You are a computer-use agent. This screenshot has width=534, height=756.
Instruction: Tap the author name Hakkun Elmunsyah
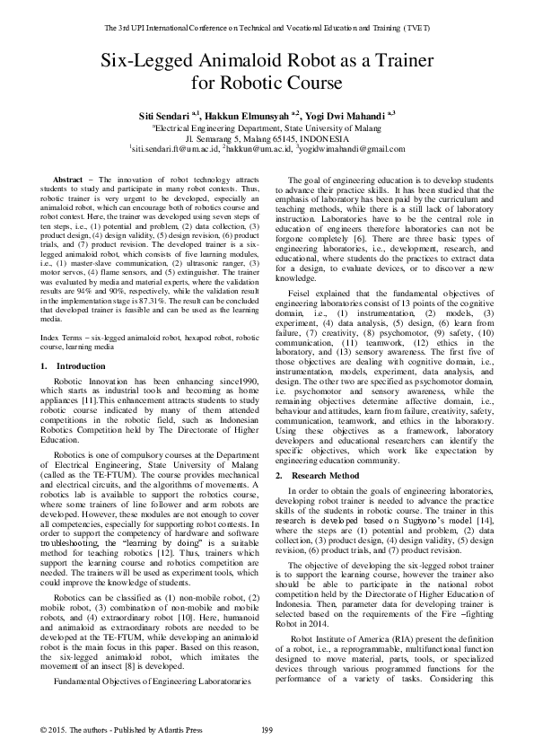click(x=249, y=116)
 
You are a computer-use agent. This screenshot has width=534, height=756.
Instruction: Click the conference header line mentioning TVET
click(x=267, y=28)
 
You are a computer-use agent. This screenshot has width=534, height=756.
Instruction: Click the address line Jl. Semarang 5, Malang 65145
click(x=267, y=138)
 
